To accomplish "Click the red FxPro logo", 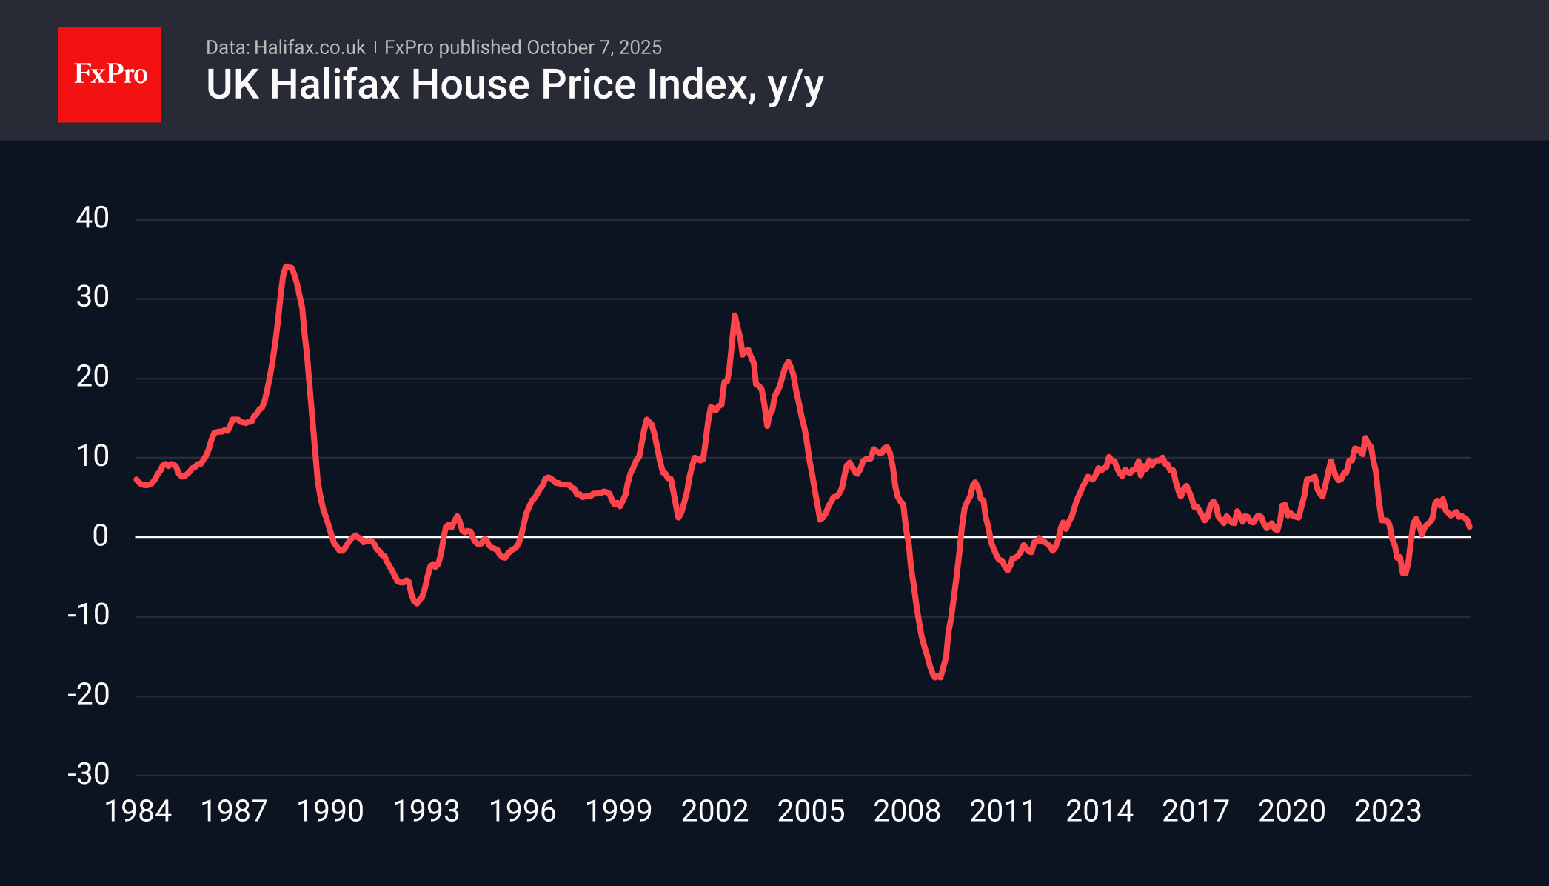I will (110, 74).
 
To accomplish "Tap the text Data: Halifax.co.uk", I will (285, 47).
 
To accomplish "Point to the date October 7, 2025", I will (594, 47).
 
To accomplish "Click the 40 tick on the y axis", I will (93, 218).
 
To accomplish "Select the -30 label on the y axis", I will (89, 774).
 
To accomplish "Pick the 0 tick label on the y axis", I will (100, 536).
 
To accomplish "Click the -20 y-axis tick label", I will (89, 695).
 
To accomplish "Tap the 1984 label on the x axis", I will (138, 811).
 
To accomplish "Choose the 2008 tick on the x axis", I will (907, 811).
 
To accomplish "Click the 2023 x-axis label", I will (1388, 811).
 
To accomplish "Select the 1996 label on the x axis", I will (522, 811).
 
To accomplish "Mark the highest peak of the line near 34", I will (287, 267).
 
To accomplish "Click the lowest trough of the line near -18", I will (937, 676).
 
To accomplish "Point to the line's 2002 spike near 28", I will (735, 316).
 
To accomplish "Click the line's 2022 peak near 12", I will (1365, 439).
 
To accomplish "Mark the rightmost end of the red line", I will (1470, 526).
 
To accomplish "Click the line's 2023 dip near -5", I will (1404, 573).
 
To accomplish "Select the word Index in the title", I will (702, 84).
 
